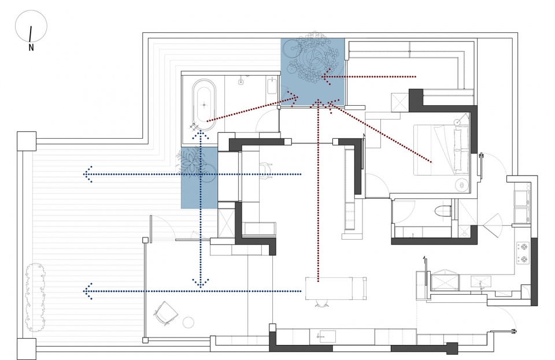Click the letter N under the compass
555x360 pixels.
point(31,47)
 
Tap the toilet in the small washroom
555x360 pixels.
point(442,212)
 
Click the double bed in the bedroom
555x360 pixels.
point(441,149)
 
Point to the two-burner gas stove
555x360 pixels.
point(523,253)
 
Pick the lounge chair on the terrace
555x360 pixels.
point(165,312)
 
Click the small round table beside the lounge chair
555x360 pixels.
point(188,322)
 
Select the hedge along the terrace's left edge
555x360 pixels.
point(35,297)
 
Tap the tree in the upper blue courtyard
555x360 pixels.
point(313,58)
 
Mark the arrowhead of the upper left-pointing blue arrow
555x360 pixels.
point(88,174)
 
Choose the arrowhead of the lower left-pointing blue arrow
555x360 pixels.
point(88,291)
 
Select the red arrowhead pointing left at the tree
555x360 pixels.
point(325,76)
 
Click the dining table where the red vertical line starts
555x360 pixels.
point(335,288)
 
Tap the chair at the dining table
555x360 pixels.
point(321,304)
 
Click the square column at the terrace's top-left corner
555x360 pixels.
point(27,141)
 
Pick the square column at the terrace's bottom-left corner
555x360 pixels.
point(27,348)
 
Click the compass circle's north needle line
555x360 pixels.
point(31,34)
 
